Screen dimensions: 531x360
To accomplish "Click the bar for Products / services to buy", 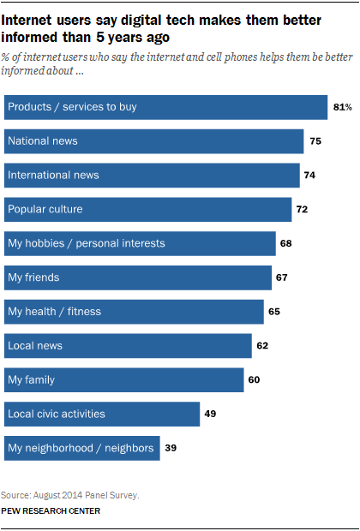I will point(165,107).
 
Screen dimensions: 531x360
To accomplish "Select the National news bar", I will point(154,141).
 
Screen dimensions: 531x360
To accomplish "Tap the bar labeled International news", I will point(152,175).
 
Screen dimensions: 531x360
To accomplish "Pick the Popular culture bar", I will point(148,209).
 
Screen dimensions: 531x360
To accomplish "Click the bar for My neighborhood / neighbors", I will point(81,448).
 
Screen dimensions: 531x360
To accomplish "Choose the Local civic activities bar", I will point(102,414).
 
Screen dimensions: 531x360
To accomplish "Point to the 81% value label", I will point(341,107).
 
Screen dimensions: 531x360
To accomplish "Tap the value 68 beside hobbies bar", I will point(286,243).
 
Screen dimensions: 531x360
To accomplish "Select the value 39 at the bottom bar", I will point(171,448).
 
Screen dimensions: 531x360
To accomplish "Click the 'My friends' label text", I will point(33,277).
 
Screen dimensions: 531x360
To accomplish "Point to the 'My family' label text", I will point(31,379).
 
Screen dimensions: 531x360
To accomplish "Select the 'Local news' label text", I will point(34,346).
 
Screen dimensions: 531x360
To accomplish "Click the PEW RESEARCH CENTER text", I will point(51,510).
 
